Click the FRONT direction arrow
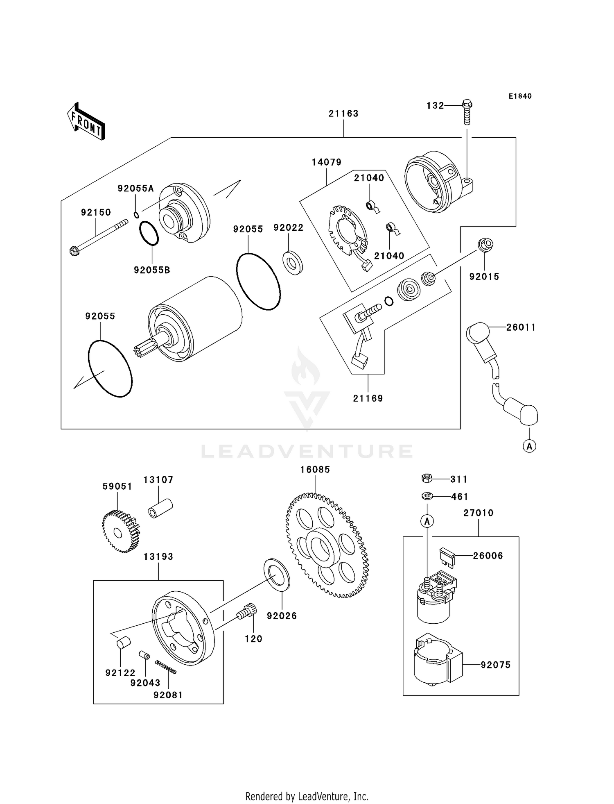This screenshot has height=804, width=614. [x=86, y=122]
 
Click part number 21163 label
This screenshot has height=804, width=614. [x=343, y=114]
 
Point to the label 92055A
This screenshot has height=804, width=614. [x=135, y=189]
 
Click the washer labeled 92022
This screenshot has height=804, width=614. [x=293, y=263]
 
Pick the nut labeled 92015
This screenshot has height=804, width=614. [x=485, y=245]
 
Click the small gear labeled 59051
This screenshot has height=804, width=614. [x=120, y=532]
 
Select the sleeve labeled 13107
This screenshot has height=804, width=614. [x=160, y=508]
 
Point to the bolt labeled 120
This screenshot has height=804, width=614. [x=247, y=613]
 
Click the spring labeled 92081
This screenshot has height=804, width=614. [x=166, y=667]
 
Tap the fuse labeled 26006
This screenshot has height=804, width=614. [x=446, y=558]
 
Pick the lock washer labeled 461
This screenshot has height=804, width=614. [x=427, y=496]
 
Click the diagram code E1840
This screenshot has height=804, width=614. [x=520, y=96]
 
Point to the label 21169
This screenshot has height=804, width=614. [x=368, y=398]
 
